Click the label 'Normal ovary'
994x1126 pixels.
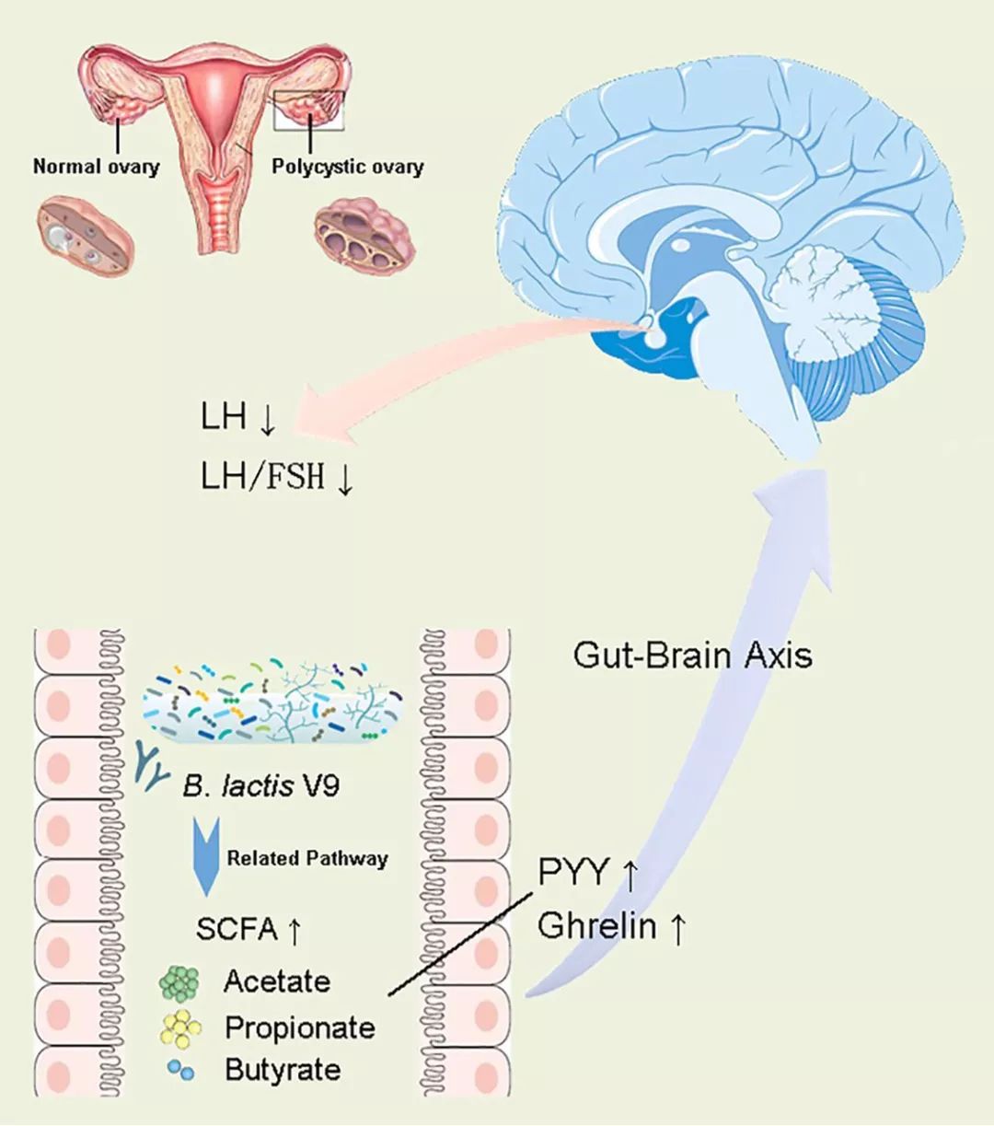pos(96,167)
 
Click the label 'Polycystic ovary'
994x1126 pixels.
pos(347,167)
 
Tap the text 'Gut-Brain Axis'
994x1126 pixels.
pos(692,655)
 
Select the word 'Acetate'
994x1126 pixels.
pos(276,981)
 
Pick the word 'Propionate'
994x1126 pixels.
pos(299,1027)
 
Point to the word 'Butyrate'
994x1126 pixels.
pos(282,1070)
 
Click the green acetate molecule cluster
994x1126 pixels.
pos(179,982)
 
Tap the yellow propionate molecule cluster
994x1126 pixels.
pos(181,1027)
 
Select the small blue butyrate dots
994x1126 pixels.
pos(180,1071)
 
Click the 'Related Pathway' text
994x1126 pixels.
pos(307,858)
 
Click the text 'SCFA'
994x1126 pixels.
pos(237,929)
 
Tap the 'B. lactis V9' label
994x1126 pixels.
pos(261,785)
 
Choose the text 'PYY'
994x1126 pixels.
pos(573,871)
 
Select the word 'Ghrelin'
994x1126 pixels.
pos(596,925)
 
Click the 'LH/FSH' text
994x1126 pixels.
pos(262,476)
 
